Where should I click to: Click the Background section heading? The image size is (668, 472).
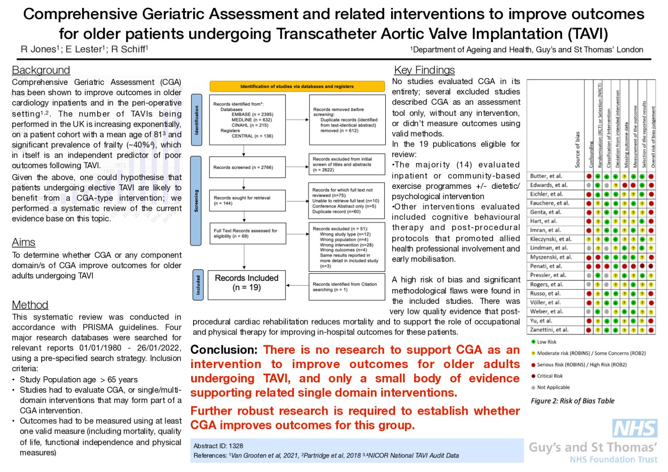coord(41,70)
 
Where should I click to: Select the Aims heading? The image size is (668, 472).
coord(24,242)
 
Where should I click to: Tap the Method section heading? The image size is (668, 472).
coord(30,305)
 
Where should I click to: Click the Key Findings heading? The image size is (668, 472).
coord(424,70)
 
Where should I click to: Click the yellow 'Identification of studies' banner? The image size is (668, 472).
coord(297,86)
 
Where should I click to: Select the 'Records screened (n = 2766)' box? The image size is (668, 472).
coord(247,167)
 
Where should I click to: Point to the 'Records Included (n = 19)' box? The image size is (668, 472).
coord(247,283)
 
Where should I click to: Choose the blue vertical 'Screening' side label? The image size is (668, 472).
coord(196,200)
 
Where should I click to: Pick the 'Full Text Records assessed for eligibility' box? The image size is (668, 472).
coord(247,233)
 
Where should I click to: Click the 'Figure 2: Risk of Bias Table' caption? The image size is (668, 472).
coord(572,401)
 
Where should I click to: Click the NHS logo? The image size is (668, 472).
coord(635,429)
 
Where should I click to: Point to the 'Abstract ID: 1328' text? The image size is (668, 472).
coord(218,446)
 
